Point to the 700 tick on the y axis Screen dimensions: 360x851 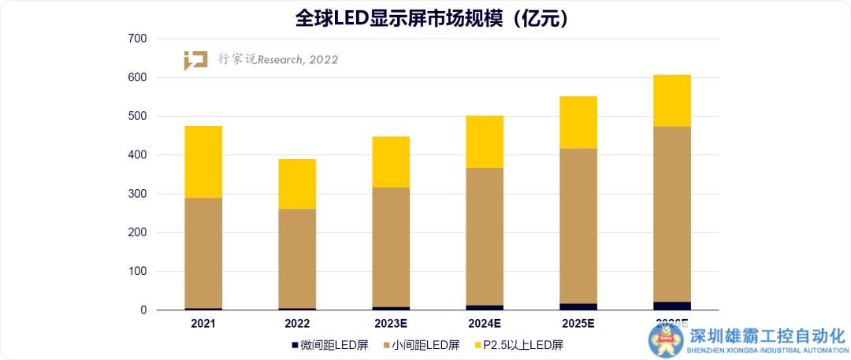(x=137, y=39)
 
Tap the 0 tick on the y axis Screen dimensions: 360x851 (x=143, y=310)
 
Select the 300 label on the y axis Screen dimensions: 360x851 (x=137, y=194)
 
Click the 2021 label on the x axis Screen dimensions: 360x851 (x=203, y=324)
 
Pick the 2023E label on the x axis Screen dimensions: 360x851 (x=391, y=324)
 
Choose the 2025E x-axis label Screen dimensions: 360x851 (x=578, y=324)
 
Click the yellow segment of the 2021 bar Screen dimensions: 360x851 (x=203, y=161)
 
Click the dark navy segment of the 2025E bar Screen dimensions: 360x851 (x=578, y=306)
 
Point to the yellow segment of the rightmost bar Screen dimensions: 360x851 (x=672, y=100)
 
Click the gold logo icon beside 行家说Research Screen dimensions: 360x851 (x=195, y=61)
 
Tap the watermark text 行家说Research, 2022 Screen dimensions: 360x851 (x=278, y=60)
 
